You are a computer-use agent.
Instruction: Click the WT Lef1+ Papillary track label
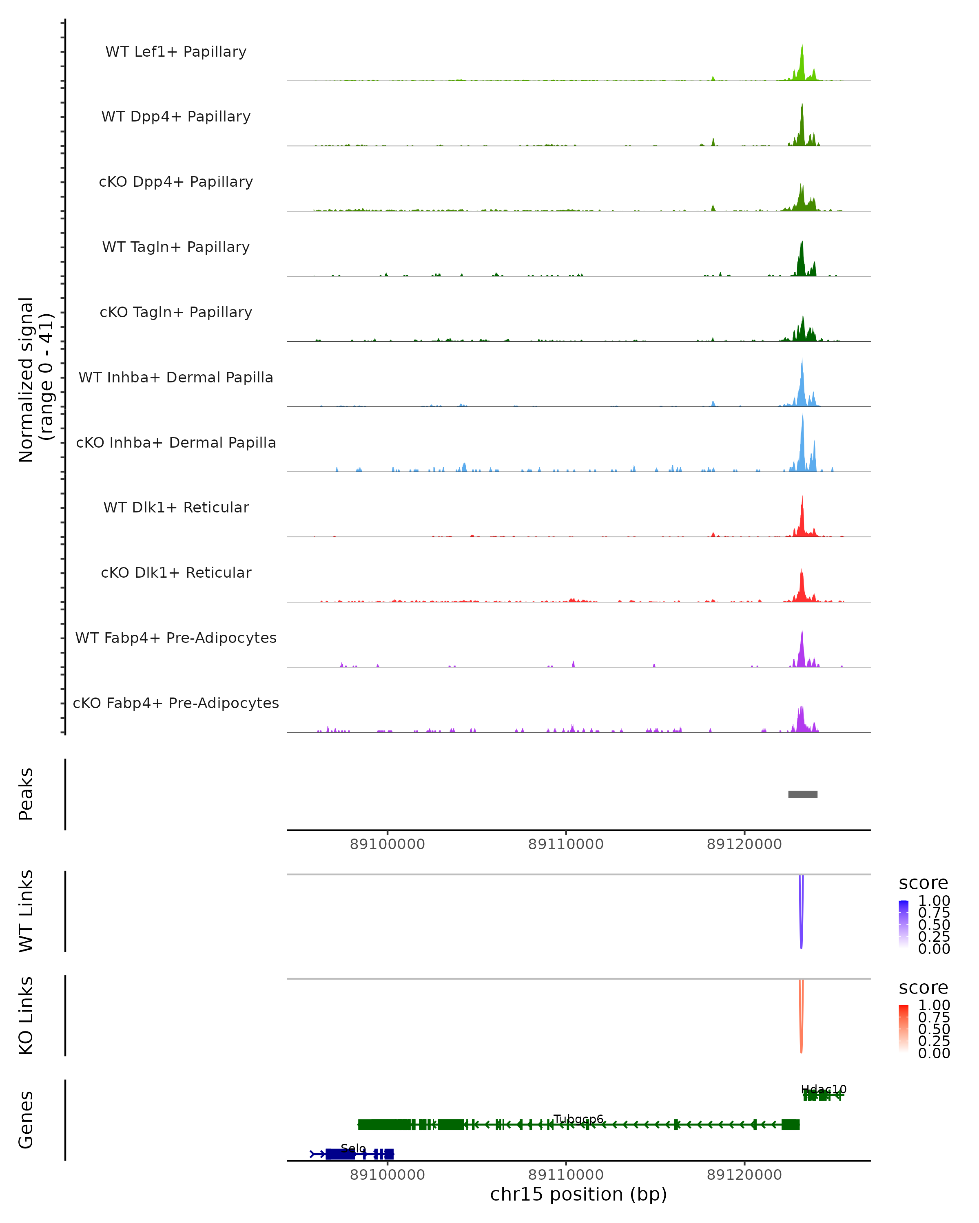(176, 52)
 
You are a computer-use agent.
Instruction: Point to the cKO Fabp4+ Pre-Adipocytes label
(176, 703)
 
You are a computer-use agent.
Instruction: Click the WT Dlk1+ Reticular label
(176, 507)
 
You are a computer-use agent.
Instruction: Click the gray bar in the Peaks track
(802, 794)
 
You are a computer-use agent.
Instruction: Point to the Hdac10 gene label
(824, 1089)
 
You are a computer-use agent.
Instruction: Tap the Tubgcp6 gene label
(578, 1119)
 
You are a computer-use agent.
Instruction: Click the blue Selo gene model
(341, 1154)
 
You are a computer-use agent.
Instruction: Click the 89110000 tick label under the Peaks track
(566, 844)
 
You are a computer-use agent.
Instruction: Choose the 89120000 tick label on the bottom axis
(744, 1175)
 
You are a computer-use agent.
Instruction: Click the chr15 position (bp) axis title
(578, 1194)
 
